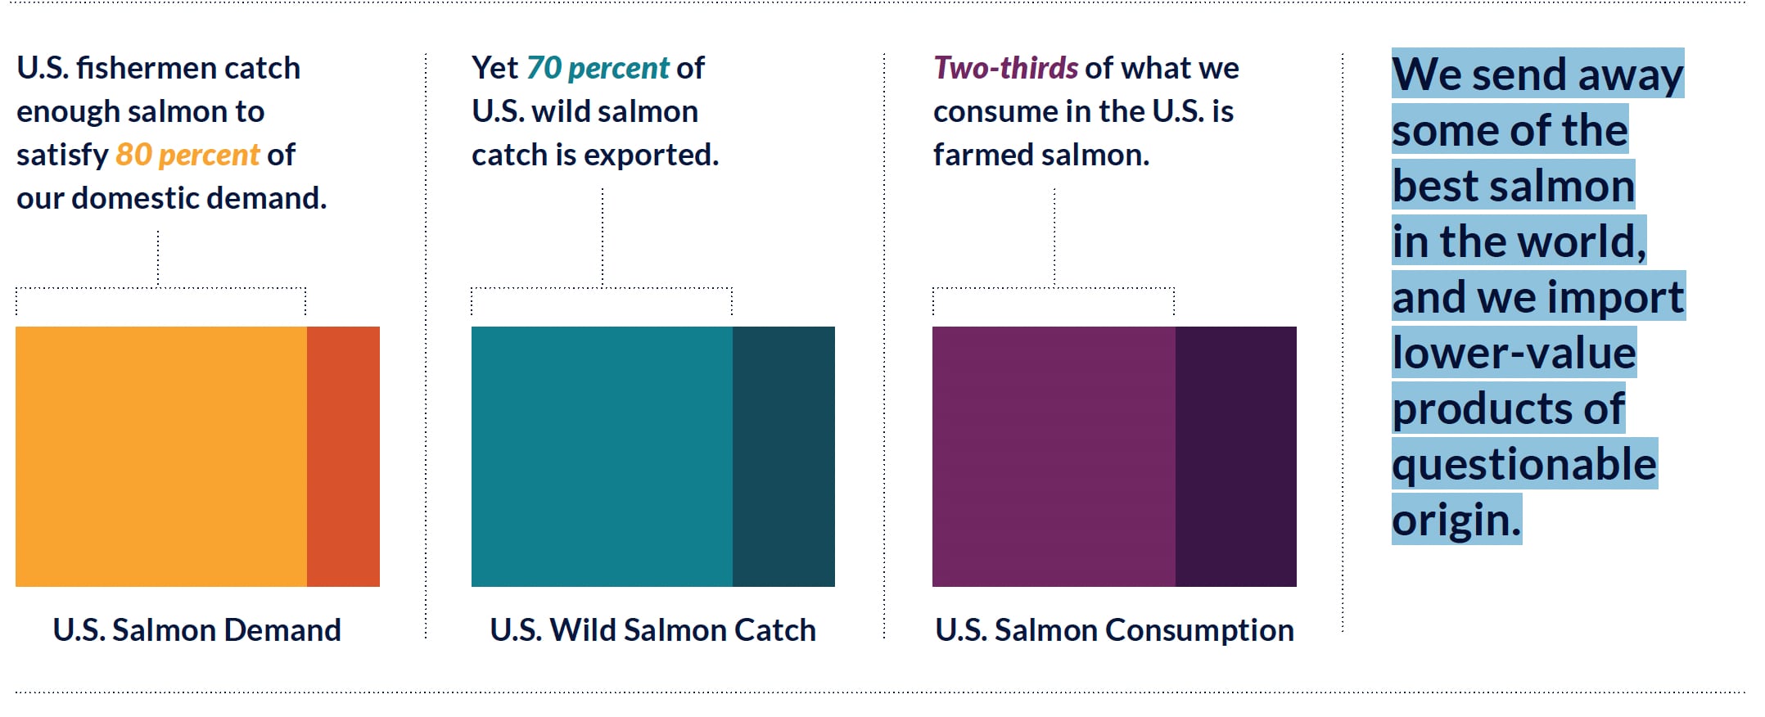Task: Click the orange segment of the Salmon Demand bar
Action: (x=161, y=456)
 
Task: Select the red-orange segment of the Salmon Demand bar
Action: (x=343, y=456)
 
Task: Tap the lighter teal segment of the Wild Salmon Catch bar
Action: (x=602, y=456)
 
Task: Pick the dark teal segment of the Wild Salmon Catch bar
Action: (x=783, y=456)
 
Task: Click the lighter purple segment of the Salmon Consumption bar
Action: (x=1054, y=456)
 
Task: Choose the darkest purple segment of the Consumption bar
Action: (x=1235, y=456)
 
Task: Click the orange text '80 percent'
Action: (x=187, y=155)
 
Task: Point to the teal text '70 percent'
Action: (x=598, y=68)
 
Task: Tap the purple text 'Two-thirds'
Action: (x=1005, y=68)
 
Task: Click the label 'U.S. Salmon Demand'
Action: (x=196, y=630)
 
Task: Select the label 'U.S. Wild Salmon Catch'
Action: (x=652, y=630)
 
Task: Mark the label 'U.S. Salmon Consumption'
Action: (x=1114, y=630)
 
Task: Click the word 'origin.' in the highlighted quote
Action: (x=1456, y=520)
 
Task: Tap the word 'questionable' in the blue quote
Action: (x=1524, y=464)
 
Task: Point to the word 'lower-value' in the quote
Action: (x=1514, y=353)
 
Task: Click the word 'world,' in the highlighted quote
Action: (x=1582, y=241)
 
